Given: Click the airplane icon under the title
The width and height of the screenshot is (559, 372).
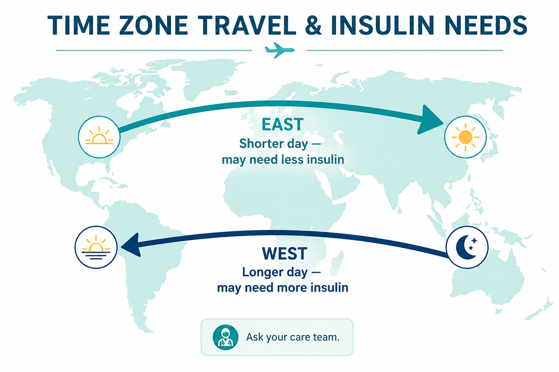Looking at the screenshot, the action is (x=279, y=50).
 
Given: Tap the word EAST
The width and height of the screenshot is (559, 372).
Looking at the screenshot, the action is (x=282, y=125).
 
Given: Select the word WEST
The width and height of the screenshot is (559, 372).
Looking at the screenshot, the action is (x=285, y=254).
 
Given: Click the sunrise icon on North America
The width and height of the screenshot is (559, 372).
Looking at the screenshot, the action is (x=99, y=137).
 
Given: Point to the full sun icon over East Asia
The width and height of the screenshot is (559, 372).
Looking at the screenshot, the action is (x=465, y=137).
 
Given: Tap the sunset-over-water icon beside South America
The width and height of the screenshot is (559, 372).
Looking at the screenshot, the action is (x=96, y=247).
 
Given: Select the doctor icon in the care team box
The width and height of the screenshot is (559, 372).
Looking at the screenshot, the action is (x=225, y=337).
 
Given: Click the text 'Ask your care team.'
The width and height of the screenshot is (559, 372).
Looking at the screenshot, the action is (x=293, y=337).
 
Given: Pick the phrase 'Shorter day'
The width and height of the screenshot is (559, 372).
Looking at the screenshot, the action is (x=274, y=144).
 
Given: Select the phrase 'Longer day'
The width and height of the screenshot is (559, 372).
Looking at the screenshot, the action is (x=275, y=272).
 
